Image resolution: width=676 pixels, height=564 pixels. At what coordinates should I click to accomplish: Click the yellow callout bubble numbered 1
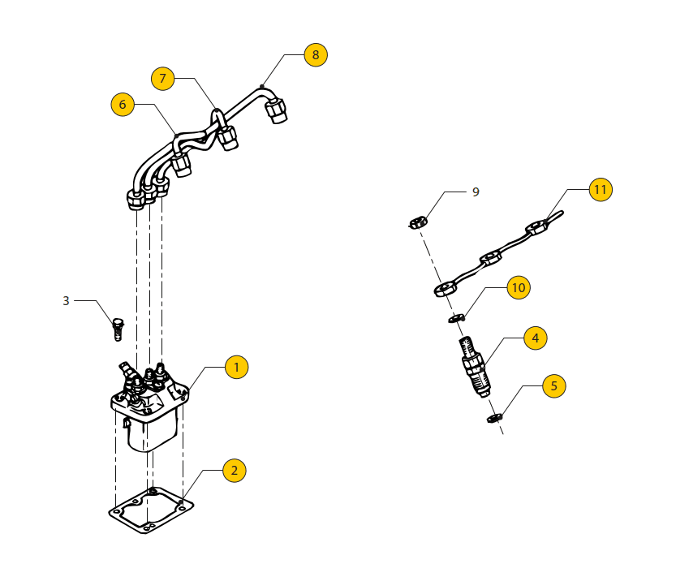(x=236, y=368)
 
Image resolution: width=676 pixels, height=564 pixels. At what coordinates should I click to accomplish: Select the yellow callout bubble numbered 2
(x=234, y=471)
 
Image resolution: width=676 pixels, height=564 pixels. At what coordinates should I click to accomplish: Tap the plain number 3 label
(x=67, y=301)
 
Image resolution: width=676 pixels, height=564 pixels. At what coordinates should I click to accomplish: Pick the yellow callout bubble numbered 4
(x=535, y=338)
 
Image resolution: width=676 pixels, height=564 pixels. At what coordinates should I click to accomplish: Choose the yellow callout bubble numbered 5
(x=554, y=386)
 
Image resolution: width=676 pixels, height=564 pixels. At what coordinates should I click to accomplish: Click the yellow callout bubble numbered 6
(x=123, y=105)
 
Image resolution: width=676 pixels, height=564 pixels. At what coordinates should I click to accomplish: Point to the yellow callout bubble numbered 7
(x=162, y=79)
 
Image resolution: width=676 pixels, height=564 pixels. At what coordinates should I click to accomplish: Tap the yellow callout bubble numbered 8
(x=316, y=55)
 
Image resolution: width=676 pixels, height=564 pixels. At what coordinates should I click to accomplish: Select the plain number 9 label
(x=476, y=192)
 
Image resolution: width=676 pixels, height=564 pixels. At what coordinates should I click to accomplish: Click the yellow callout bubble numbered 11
(x=600, y=190)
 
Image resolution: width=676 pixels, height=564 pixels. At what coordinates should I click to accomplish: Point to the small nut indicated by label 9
(x=417, y=222)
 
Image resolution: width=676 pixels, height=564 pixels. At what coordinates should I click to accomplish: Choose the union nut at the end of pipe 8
(x=276, y=110)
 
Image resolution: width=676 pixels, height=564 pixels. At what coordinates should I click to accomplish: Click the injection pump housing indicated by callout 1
(x=151, y=414)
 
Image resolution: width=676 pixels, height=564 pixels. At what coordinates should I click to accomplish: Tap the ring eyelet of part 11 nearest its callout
(x=536, y=229)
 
